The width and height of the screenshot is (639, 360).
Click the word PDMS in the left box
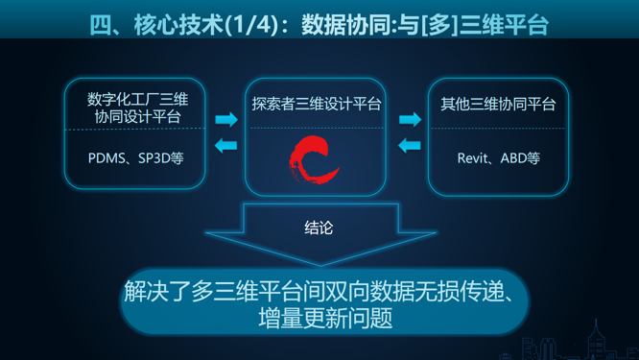(x=107, y=157)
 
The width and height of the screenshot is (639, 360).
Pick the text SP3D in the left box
(x=154, y=157)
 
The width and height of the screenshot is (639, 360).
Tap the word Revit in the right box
(x=475, y=157)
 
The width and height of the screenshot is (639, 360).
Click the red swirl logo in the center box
(x=315, y=162)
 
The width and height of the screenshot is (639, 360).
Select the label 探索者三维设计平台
(x=316, y=104)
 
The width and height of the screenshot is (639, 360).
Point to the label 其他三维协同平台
(x=497, y=104)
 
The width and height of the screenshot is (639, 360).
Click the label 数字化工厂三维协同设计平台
(x=136, y=108)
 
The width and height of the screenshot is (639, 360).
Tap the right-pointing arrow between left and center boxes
(x=226, y=120)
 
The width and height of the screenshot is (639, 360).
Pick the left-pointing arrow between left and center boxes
(x=226, y=146)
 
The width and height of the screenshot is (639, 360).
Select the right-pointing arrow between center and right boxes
(x=410, y=120)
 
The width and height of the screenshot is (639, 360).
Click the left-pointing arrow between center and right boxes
(x=410, y=146)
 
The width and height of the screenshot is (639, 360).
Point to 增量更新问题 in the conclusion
(x=325, y=318)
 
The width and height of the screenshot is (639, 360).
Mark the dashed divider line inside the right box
(x=497, y=129)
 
